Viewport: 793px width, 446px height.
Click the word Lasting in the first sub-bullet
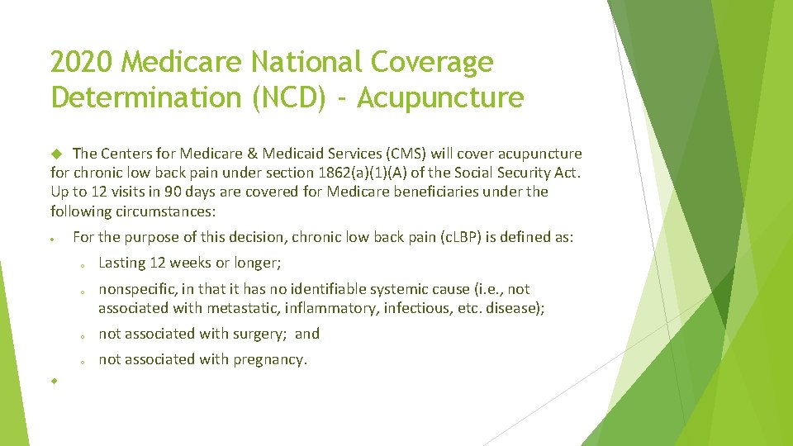(122, 263)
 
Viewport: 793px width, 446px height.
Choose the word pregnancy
(270, 359)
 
